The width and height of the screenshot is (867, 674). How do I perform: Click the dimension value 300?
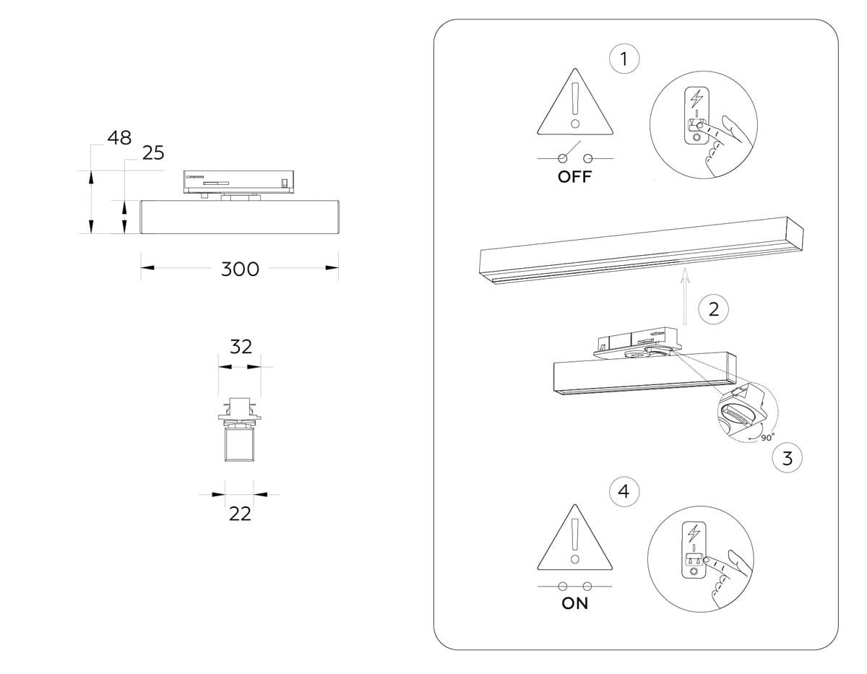pos(240,269)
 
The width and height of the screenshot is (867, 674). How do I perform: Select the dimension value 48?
pos(119,137)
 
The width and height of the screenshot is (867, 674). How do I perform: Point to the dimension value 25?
pos(153,153)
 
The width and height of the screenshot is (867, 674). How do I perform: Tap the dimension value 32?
pos(241,346)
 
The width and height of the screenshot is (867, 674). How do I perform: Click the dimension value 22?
pos(240,514)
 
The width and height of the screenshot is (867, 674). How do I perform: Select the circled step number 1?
pos(624,58)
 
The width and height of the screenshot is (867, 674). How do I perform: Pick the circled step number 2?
pos(714,310)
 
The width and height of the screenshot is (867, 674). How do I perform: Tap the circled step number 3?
pos(788,457)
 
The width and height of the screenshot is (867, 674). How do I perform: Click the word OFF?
pos(574,177)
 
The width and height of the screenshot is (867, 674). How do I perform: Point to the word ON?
pos(575,604)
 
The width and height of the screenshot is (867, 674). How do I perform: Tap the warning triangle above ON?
pos(575,538)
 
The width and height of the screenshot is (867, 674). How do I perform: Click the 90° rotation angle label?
pos(767,436)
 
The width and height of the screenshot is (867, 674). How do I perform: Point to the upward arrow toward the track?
pos(685,296)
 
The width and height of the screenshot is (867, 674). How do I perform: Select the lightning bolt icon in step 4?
pos(694,534)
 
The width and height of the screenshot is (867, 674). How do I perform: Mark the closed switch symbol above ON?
pos(575,585)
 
